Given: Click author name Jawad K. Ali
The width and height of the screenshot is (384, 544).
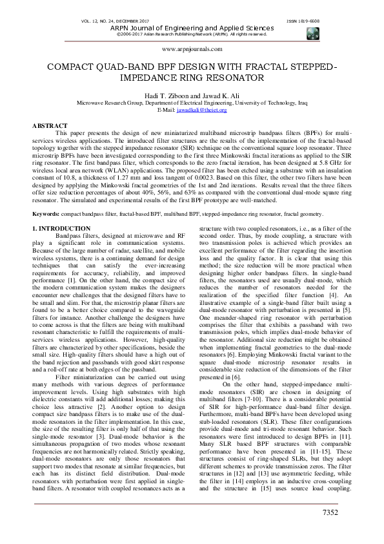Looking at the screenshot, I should tap(223, 95).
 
